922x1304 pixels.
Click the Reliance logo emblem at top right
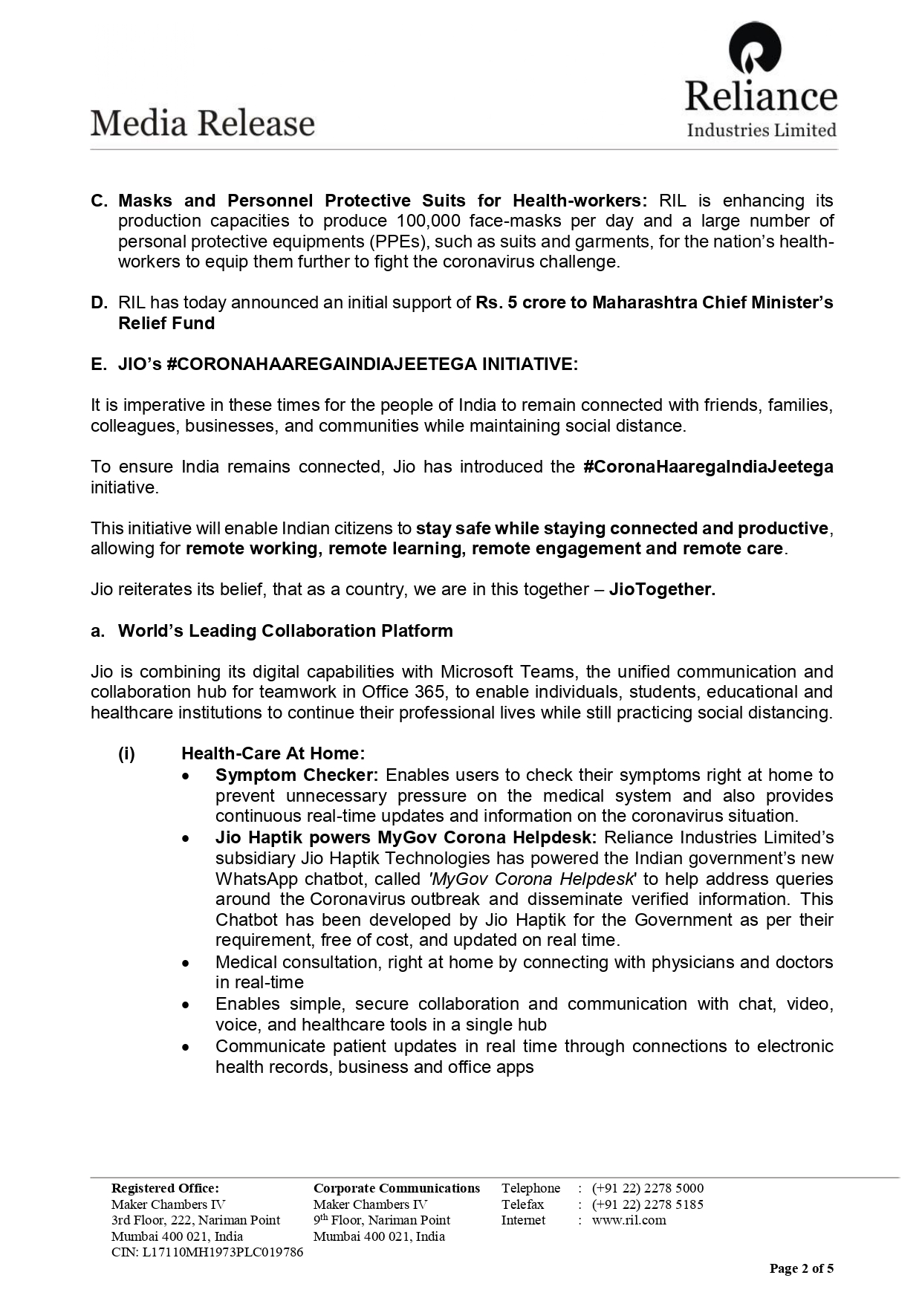[x=755, y=50]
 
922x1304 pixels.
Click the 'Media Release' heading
[x=203, y=123]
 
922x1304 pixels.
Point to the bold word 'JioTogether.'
[x=662, y=590]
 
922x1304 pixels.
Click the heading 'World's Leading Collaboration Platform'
[x=285, y=631]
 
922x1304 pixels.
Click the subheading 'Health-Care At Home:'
[x=273, y=754]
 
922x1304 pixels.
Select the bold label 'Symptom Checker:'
[x=296, y=775]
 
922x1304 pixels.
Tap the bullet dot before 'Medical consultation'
[x=186, y=963]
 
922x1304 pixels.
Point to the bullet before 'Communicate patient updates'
[x=186, y=1047]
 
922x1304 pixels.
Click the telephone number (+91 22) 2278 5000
[x=647, y=1188]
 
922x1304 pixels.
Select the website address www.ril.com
[x=629, y=1220]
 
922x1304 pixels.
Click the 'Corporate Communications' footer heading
[x=397, y=1188]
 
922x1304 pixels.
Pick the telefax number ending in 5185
[x=647, y=1204]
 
